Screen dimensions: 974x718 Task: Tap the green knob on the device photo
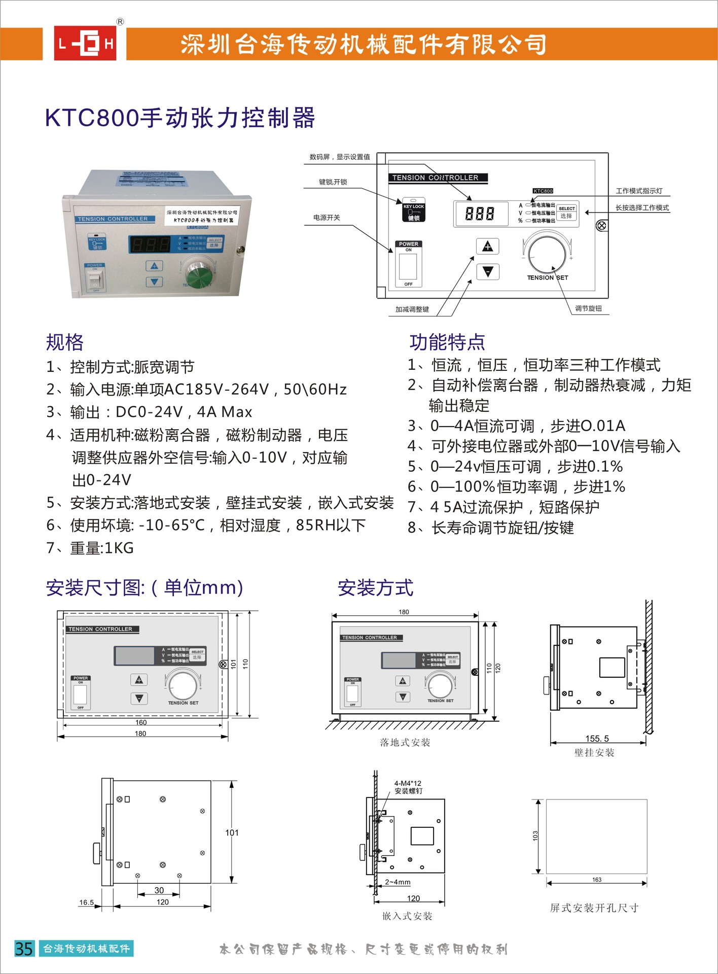pos(195,275)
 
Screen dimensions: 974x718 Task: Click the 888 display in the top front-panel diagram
pos(480,214)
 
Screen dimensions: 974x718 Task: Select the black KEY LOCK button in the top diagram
pos(414,210)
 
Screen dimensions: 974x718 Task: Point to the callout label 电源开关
pos(327,218)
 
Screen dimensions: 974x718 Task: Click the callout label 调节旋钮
pos(588,308)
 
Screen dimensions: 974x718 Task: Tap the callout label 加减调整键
pos(412,309)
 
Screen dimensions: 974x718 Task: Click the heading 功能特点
pos(447,342)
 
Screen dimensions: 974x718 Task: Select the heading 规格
pos(64,342)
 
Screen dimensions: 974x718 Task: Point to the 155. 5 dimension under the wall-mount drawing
pos(597,739)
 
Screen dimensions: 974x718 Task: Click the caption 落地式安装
pos(405,743)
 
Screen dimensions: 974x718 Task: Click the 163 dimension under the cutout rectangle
pos(597,880)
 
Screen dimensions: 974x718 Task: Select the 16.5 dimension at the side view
pos(87,902)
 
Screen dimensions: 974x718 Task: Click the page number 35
pos(24,949)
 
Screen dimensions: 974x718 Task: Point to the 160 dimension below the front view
pos(141,722)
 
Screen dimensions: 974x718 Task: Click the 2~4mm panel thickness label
pos(398,882)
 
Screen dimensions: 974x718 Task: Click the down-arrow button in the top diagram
pos(488,272)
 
